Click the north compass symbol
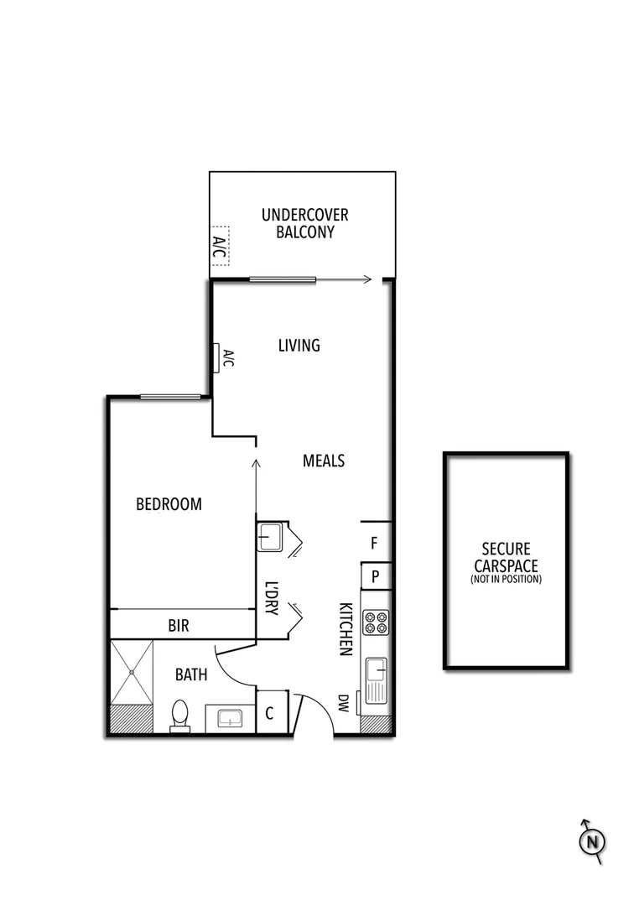coord(592,841)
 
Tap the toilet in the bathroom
coord(179,716)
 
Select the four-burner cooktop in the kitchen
coord(376,622)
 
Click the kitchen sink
coord(376,678)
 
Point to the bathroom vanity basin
coord(229,719)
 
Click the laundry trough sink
coord(270,536)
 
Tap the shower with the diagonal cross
coord(133,672)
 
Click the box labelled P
coord(376,577)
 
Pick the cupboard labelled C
coord(271,714)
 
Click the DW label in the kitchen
coord(343,703)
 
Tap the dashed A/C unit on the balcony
coord(219,246)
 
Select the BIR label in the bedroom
coord(179,625)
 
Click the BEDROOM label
coord(169,504)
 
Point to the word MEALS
coord(324,461)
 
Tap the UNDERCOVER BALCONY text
coord(304,224)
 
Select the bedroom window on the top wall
coord(171,397)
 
